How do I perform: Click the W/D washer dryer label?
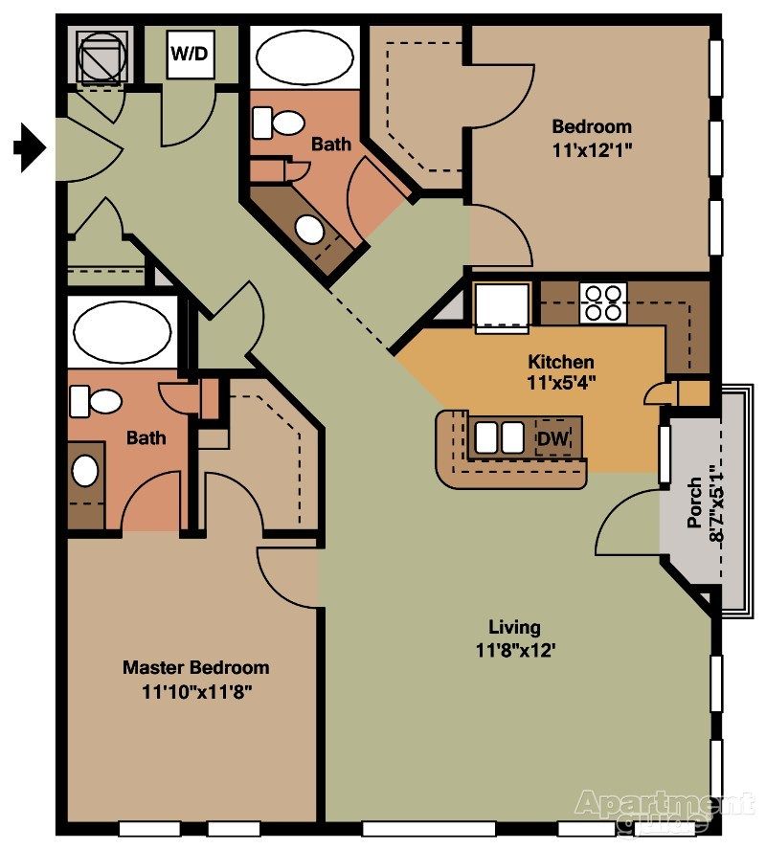[190, 55]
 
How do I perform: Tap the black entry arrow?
[30, 147]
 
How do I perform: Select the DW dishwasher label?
[552, 438]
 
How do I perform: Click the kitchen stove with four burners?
[603, 302]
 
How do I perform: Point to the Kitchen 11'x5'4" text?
[561, 372]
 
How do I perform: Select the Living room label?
[514, 638]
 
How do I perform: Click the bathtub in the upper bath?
[304, 58]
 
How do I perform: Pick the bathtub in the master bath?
[122, 333]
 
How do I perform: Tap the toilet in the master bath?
[95, 401]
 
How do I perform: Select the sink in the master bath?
[86, 470]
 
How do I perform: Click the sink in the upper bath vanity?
[308, 229]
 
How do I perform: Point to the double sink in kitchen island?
[501, 437]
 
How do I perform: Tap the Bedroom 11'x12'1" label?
[592, 137]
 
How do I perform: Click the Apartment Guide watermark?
[664, 809]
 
